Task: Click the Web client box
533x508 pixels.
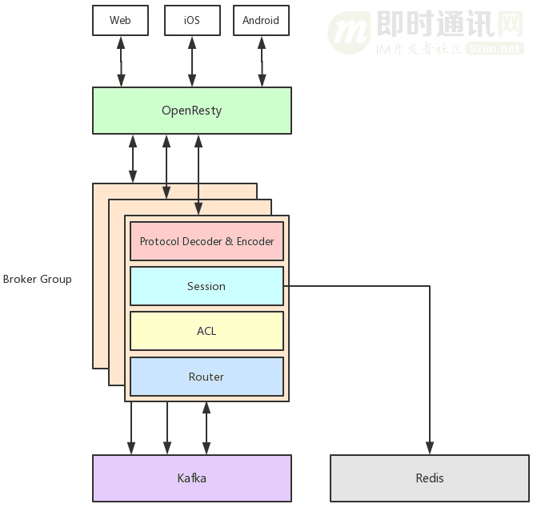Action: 120,20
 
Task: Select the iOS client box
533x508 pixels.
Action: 191,20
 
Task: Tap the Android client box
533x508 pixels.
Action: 261,20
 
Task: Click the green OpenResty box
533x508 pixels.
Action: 191,110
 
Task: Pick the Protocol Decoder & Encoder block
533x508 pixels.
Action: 206,241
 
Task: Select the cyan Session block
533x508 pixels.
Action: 206,286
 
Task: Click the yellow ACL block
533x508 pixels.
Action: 206,331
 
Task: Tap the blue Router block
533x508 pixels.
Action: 206,377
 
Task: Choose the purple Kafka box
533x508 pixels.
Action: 191,478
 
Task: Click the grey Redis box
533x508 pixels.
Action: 430,478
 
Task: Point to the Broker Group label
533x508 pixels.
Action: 37,279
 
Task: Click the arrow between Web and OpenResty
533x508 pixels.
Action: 121,61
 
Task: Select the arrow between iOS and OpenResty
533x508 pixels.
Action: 191,61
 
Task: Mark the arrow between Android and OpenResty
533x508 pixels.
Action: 262,61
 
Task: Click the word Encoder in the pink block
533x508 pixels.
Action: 255,241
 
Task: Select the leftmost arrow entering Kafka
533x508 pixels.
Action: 132,429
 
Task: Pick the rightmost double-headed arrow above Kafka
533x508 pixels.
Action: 206,429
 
